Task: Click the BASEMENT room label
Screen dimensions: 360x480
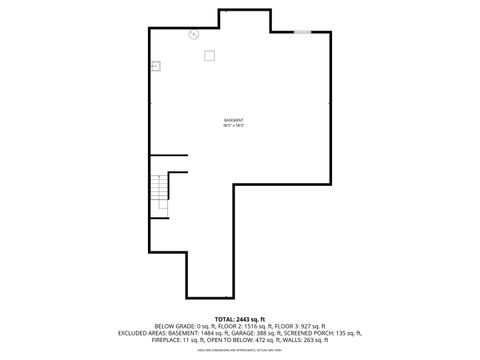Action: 234,121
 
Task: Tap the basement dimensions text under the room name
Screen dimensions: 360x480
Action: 234,126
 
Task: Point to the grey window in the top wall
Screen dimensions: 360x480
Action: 302,33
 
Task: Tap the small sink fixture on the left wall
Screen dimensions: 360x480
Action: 156,67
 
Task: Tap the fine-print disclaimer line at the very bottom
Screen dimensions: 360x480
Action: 239,348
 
